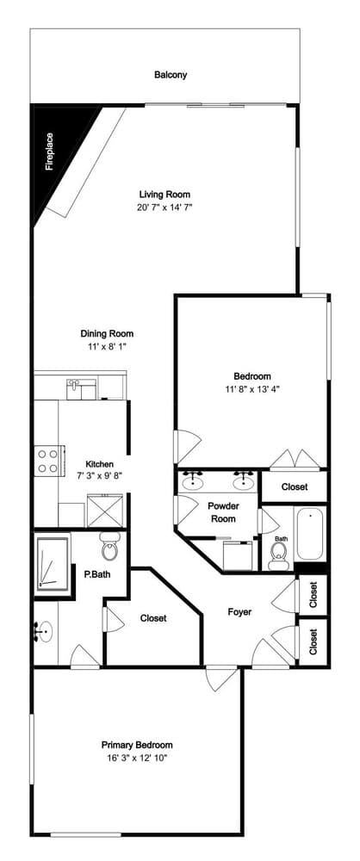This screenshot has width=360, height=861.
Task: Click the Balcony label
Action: point(171,75)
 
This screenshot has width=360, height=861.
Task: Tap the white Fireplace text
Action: point(49,152)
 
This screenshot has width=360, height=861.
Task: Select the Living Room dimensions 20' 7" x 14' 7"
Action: point(164,208)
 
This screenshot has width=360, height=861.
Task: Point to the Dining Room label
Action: point(107,333)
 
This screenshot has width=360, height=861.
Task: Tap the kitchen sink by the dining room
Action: point(81,389)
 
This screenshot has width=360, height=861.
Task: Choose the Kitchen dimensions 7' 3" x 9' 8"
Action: point(99,476)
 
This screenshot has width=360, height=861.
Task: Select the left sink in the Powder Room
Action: point(192,481)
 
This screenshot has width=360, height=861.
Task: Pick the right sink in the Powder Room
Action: point(243,481)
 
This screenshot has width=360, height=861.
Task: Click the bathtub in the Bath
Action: point(310,533)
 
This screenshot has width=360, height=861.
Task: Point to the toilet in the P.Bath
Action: point(109,547)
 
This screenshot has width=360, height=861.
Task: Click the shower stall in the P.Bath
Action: point(53,565)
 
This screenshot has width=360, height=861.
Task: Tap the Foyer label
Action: point(239,611)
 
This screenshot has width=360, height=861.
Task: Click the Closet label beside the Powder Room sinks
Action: point(295,487)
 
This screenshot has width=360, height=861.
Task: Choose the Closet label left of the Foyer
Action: point(153,618)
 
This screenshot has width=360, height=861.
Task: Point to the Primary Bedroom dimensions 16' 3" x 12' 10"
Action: point(137,759)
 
